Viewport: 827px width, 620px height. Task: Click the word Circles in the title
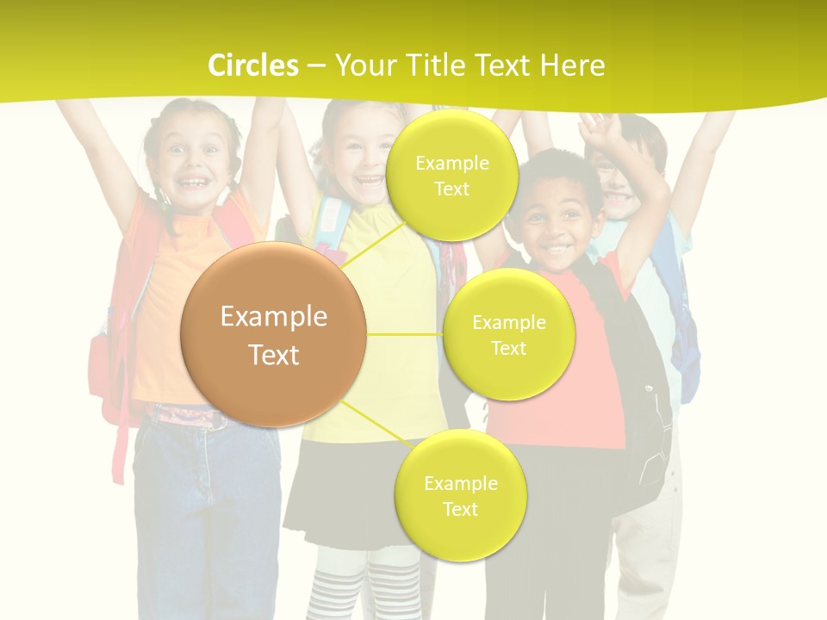click(253, 65)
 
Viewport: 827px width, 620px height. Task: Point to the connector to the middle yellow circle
click(405, 334)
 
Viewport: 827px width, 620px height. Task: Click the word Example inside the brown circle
click(273, 317)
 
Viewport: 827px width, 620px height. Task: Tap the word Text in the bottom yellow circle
click(460, 509)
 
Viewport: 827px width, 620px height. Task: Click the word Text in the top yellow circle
click(451, 189)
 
